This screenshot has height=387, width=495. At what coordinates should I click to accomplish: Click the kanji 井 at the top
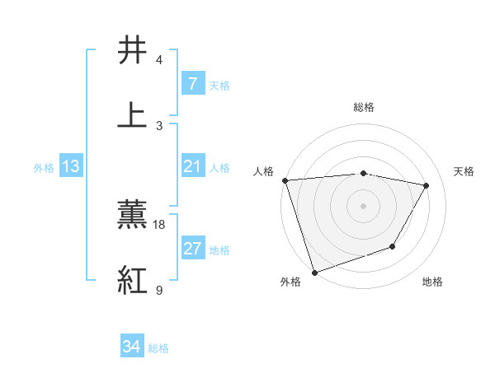point(133,52)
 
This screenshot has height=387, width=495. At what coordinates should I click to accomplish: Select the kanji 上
point(133,116)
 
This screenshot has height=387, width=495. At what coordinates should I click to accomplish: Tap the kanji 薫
point(133,216)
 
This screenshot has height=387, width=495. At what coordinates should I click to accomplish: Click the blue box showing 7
point(192,84)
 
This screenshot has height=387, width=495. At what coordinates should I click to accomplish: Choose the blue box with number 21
point(192,166)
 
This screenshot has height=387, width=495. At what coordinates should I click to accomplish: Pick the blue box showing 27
point(192,249)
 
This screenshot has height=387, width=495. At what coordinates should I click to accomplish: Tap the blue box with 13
point(71,166)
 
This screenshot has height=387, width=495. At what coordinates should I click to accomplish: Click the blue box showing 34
point(131,347)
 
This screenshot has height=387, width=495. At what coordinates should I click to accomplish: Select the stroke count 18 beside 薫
point(159,225)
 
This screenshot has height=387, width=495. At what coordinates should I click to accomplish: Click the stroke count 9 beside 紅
point(159,290)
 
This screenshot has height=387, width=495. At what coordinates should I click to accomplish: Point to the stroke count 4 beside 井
point(159,60)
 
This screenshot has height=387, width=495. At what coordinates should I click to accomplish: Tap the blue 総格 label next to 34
point(158,348)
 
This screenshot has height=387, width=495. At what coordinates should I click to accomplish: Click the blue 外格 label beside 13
point(44,167)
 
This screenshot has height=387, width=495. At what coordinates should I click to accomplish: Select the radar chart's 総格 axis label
point(364,107)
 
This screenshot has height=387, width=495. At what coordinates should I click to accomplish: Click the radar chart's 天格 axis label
point(464,171)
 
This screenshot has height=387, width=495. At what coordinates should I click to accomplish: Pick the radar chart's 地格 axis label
point(432,282)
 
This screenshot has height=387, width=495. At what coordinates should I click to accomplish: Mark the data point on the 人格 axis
point(285,180)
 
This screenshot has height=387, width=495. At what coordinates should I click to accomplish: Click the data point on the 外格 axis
point(314,272)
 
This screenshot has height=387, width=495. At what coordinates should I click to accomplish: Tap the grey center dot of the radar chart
point(363,205)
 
